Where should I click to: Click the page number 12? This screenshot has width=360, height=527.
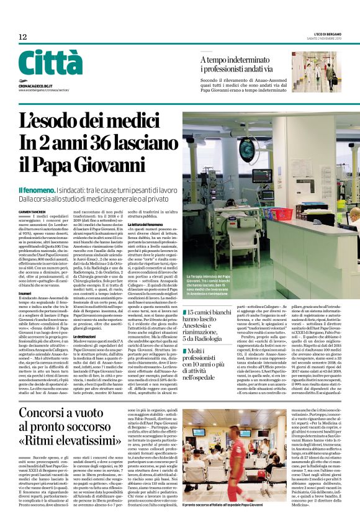(22, 37)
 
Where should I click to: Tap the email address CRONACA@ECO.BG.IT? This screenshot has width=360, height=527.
(40, 83)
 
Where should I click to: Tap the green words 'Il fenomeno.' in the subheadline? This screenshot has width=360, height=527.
(36, 190)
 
